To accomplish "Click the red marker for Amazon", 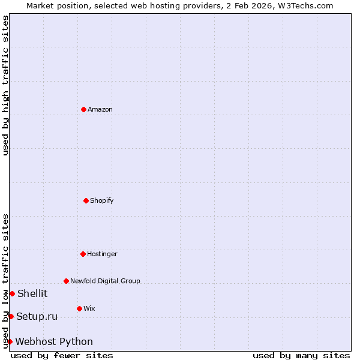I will [x=83, y=109].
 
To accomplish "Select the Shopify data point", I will [x=86, y=200].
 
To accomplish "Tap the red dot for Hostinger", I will [x=83, y=254].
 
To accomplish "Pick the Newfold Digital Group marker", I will [x=66, y=281].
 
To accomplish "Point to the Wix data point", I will [x=79, y=308].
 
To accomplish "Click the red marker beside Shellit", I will [x=12, y=293].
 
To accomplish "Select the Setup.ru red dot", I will [x=11, y=316].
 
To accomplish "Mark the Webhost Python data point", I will [x=10, y=341].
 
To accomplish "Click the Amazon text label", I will [x=100, y=109].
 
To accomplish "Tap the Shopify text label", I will [x=102, y=200].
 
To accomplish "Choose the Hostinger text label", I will [x=102, y=254].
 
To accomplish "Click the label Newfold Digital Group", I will [x=105, y=281].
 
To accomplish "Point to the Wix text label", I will [x=89, y=308].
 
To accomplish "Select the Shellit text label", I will [x=32, y=293].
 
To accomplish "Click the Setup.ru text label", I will [x=37, y=316].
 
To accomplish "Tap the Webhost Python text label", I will [x=54, y=341].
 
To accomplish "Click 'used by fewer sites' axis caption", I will [x=62, y=355].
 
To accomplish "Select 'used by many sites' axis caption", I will [x=301, y=355].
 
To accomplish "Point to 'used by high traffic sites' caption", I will [x=5, y=85].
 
